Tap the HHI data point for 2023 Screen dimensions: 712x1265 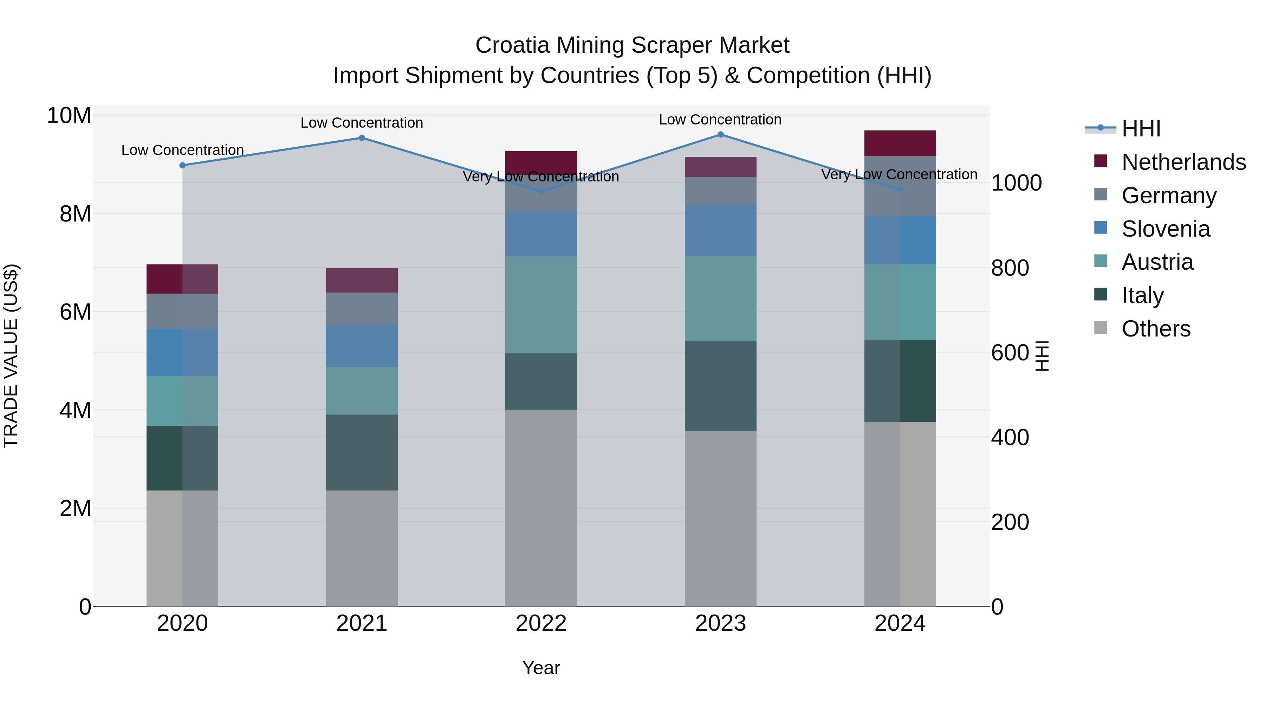pyautogui.click(x=720, y=134)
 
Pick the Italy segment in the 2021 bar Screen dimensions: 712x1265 pyautogui.click(x=362, y=452)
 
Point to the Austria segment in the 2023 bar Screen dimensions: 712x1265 pyautogui.click(x=720, y=298)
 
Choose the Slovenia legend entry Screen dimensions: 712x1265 pyautogui.click(x=1165, y=229)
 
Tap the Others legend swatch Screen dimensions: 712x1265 pyautogui.click(x=1101, y=327)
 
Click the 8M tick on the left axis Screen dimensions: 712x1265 pyautogui.click(x=75, y=214)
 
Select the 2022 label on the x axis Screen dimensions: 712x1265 pyautogui.click(x=541, y=623)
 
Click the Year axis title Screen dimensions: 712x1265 pyautogui.click(x=541, y=668)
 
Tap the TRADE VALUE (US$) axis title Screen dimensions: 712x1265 pyautogui.click(x=11, y=356)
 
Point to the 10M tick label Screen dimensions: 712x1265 pyautogui.click(x=69, y=116)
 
